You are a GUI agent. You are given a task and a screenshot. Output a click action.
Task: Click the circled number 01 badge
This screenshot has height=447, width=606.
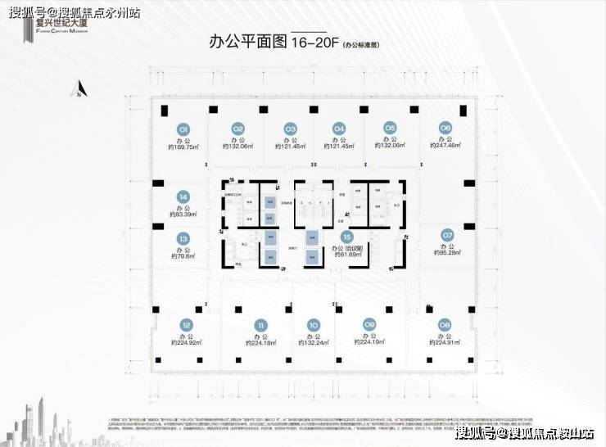click(x=184, y=129)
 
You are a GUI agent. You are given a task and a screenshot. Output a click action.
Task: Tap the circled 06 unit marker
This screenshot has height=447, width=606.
click(x=445, y=128)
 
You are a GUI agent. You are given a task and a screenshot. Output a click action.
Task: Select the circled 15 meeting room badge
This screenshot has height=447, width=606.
click(x=347, y=237)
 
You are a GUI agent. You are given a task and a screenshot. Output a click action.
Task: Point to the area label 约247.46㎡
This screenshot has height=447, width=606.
click(x=445, y=147)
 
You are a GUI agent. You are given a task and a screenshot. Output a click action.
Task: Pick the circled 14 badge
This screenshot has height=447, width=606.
click(x=183, y=196)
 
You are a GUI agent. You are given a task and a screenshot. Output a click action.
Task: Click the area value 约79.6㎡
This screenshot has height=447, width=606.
click(x=183, y=256)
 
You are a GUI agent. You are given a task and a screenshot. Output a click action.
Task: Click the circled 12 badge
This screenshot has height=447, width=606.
click(x=187, y=324)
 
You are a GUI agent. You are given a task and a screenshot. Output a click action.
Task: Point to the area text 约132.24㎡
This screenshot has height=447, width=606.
click(x=313, y=343)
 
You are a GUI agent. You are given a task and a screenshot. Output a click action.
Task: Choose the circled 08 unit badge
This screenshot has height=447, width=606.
click(x=445, y=324)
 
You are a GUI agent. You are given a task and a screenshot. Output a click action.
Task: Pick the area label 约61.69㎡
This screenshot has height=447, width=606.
click(x=347, y=256)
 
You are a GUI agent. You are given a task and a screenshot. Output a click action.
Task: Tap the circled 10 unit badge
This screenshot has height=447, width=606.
click(x=313, y=324)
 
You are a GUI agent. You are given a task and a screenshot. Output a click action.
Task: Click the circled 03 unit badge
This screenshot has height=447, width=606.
click(x=290, y=129)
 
